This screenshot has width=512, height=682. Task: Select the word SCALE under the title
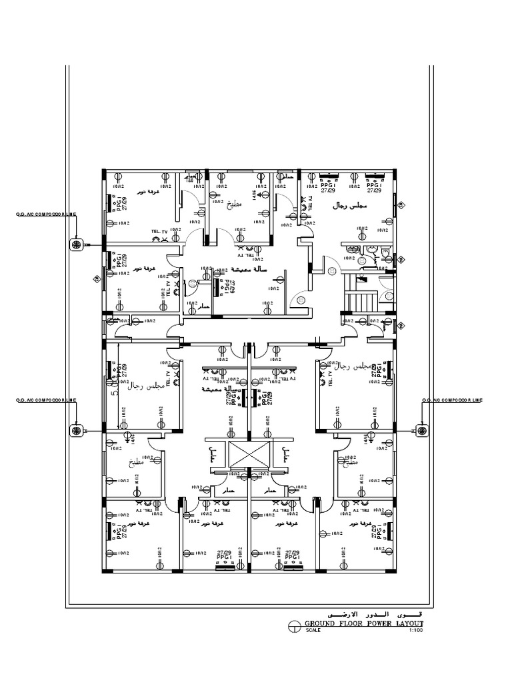(313, 631)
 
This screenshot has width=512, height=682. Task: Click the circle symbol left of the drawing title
(293, 625)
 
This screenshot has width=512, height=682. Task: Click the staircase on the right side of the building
(359, 294)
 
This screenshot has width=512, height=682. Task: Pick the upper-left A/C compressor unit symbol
(75, 246)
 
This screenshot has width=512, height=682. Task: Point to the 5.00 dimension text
(114, 386)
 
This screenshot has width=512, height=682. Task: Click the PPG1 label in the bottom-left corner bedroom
(120, 531)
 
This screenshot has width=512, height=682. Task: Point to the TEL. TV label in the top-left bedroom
(160, 230)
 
